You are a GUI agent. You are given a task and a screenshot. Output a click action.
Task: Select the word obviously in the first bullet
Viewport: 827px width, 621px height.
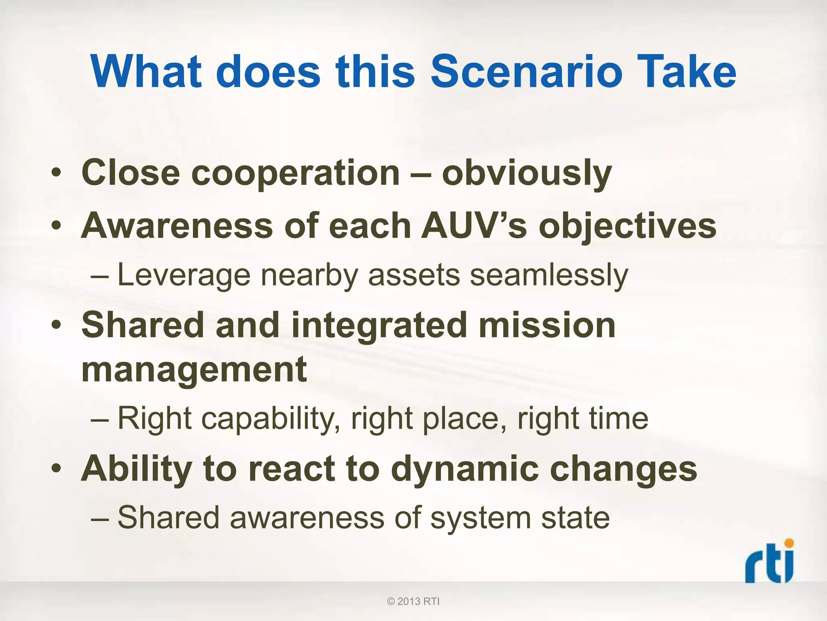coord(527,174)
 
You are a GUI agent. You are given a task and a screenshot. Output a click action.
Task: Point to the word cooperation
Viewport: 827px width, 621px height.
coord(295,174)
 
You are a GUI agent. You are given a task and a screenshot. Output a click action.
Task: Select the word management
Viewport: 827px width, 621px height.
coord(194,370)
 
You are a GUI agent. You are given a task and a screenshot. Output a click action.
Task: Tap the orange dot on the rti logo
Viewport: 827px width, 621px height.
coord(788,543)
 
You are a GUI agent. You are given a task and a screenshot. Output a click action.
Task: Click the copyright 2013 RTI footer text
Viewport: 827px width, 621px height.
coord(413,602)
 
